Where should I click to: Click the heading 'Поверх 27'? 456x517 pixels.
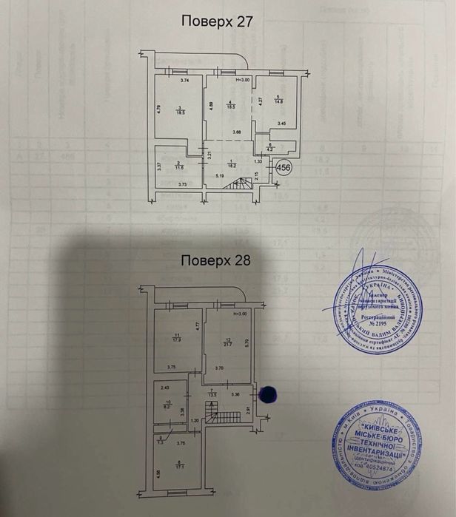217,21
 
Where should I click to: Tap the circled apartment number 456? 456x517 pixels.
282,168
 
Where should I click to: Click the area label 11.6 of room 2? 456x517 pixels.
179,167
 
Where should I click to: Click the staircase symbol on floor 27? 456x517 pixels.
241,190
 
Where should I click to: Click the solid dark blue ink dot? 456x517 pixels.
269,396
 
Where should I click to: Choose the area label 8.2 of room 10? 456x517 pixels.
168,406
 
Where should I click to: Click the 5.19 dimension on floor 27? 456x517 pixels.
220,176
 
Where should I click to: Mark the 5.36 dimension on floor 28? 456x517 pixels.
235,395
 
